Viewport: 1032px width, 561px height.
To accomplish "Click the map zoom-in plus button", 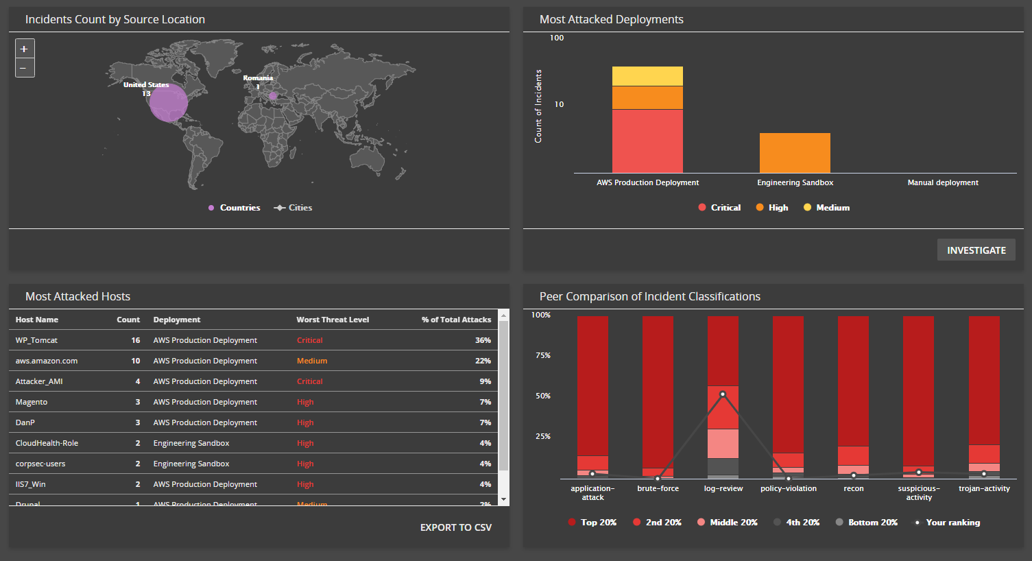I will click(24, 49).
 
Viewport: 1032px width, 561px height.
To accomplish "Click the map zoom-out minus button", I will click(24, 67).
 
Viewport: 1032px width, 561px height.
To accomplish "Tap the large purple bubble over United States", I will click(168, 103).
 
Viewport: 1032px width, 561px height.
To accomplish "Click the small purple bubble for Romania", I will click(273, 96).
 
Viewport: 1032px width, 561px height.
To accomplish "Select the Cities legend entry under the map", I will click(293, 208).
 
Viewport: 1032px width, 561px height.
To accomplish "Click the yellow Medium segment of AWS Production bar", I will click(647, 76).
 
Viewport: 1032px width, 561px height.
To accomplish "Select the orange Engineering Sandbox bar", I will click(795, 153).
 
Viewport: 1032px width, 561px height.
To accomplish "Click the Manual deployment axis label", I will click(943, 182).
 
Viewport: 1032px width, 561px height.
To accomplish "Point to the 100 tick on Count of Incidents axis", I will click(557, 38).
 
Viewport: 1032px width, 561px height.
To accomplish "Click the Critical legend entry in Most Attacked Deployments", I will click(719, 208).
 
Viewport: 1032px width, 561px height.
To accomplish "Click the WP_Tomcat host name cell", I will click(37, 340).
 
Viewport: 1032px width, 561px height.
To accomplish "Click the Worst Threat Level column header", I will click(333, 320).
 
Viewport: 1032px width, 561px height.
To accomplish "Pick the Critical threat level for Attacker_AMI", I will click(310, 381).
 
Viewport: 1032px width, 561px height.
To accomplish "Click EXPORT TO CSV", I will click(456, 527).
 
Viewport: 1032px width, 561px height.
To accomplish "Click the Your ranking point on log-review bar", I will click(723, 394).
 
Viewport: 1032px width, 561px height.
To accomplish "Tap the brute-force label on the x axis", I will click(658, 488).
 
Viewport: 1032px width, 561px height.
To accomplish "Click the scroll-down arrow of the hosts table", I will click(504, 499).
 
